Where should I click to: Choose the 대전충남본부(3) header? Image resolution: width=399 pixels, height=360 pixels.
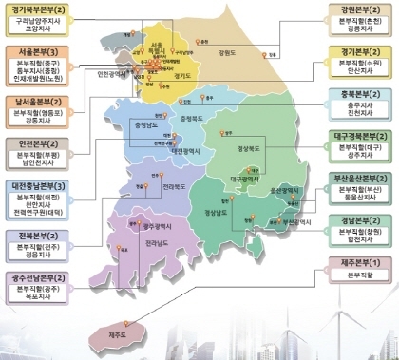click(44, 185)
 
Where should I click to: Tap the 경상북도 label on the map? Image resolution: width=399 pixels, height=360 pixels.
click(249, 150)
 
